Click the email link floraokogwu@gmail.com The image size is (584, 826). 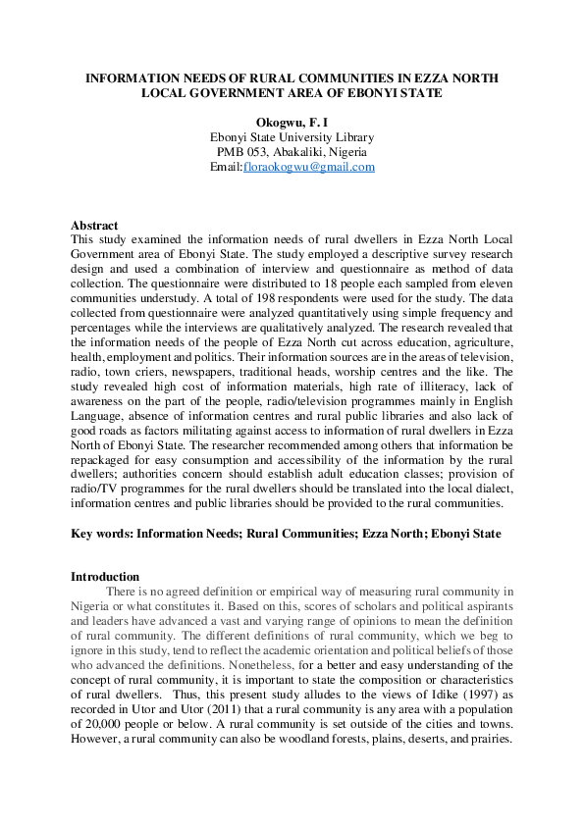(x=309, y=167)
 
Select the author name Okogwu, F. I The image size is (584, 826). (x=292, y=123)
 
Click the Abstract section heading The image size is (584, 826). (x=94, y=225)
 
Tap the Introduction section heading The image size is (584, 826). (x=104, y=576)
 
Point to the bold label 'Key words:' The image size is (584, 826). (x=102, y=534)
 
